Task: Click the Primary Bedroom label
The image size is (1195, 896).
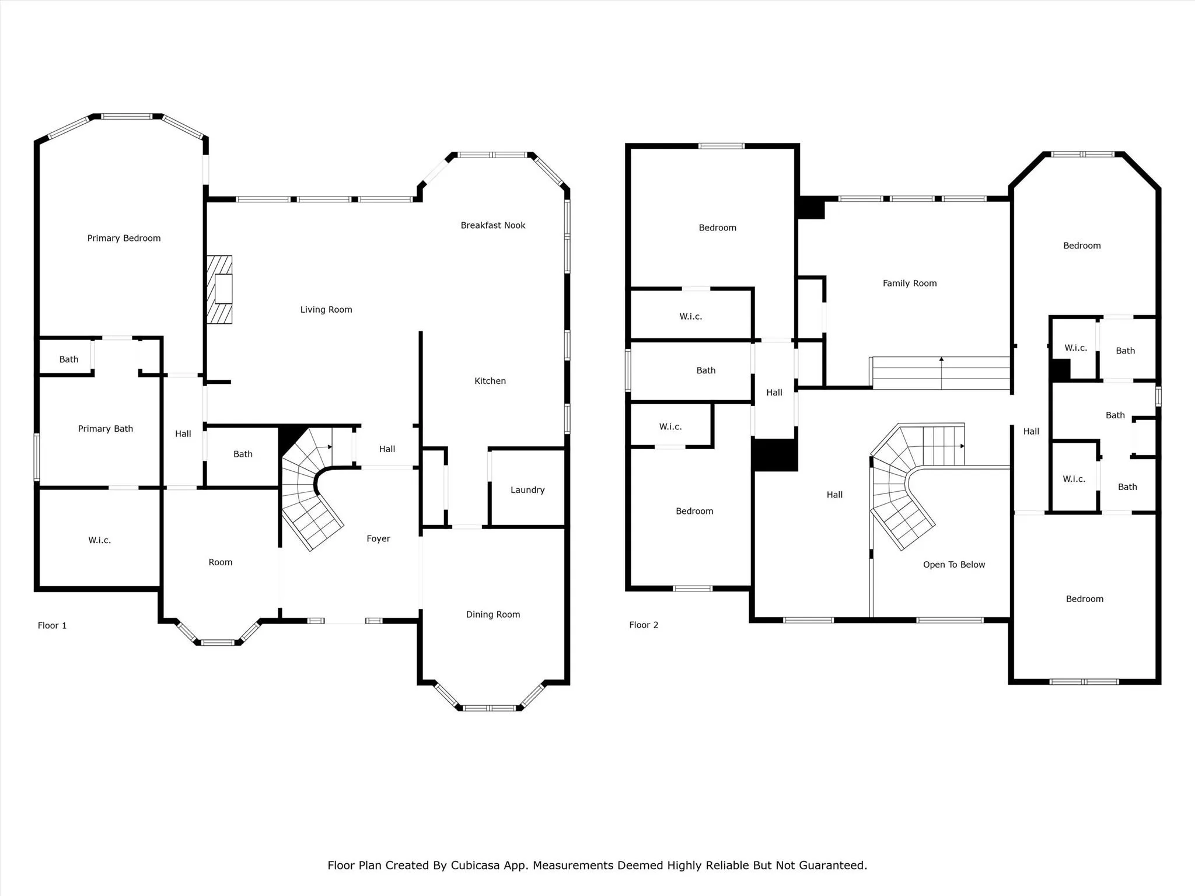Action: (x=124, y=238)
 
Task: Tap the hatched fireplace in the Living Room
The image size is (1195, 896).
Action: (x=220, y=289)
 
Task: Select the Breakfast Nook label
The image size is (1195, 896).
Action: (x=492, y=225)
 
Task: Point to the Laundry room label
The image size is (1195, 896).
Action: (x=527, y=490)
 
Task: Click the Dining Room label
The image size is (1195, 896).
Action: (x=492, y=614)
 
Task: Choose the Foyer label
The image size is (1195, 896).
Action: (x=378, y=538)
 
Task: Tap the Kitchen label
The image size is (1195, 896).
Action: (x=490, y=381)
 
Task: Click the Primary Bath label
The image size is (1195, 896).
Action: (x=106, y=429)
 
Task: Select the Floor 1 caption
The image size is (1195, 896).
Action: (x=52, y=625)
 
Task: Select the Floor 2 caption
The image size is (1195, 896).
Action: (x=644, y=625)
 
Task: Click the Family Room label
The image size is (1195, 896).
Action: (x=909, y=283)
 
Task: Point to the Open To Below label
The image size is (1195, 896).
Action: (x=953, y=565)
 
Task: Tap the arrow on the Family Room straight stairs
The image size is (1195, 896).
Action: (x=941, y=360)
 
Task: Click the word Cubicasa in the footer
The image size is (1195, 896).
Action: (x=475, y=865)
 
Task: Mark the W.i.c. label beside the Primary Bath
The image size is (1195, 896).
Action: (x=99, y=540)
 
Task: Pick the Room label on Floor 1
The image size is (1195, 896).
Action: (x=220, y=562)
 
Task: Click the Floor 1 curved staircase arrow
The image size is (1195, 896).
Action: (x=330, y=447)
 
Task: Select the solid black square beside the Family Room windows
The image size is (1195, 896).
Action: (x=811, y=208)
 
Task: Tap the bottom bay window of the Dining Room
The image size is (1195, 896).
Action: (x=490, y=708)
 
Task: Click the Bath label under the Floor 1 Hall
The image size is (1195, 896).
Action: (x=243, y=454)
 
